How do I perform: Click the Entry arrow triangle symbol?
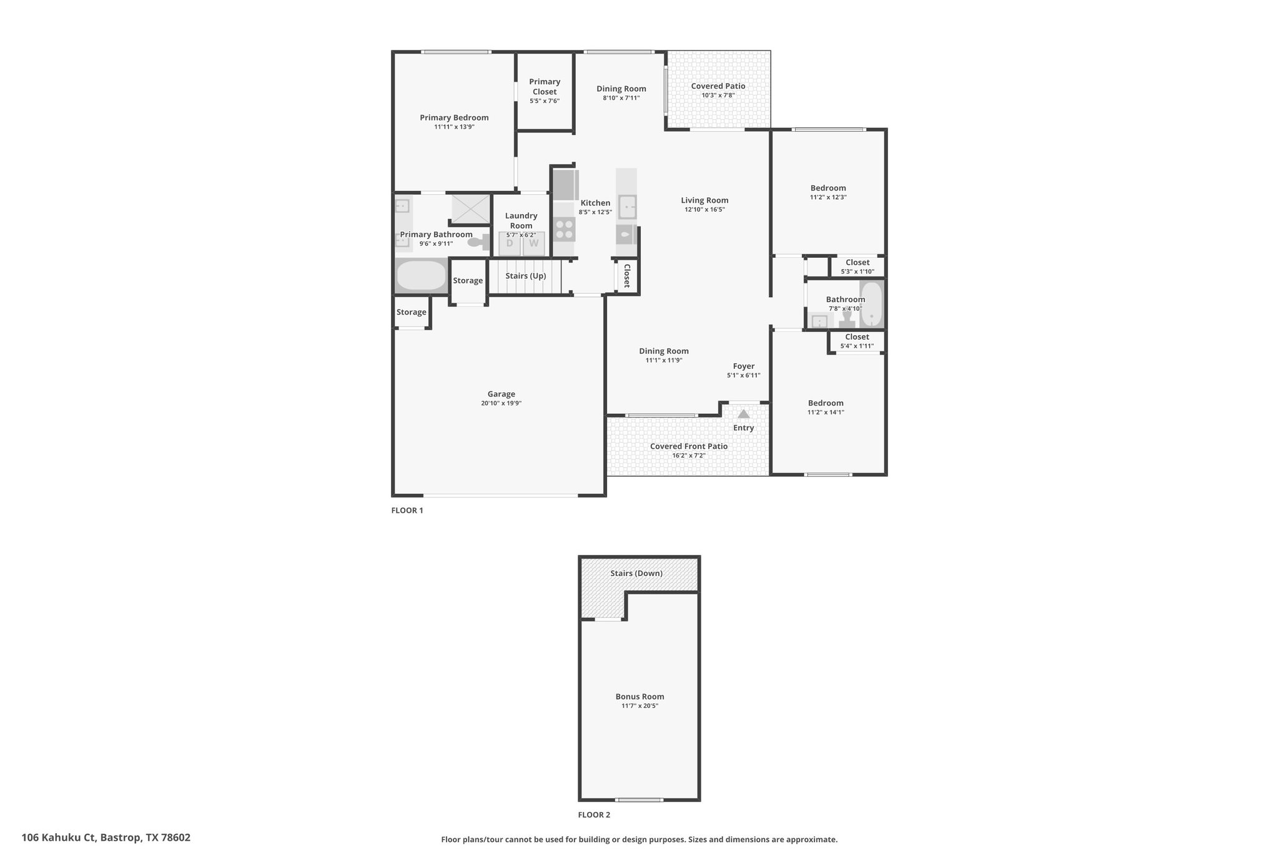(743, 414)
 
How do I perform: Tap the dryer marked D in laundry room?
(510, 243)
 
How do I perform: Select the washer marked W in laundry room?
(534, 243)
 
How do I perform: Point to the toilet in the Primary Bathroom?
(479, 242)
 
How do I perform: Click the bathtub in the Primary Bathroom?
(422, 276)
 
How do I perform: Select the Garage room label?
(501, 394)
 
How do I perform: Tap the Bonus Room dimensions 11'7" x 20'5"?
(639, 706)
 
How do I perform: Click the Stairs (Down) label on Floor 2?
(636, 573)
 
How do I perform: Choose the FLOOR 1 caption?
(407, 510)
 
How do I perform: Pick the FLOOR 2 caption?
(594, 815)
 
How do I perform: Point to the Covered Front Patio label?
(689, 446)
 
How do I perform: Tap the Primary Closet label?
(545, 87)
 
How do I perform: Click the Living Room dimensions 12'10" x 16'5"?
(704, 210)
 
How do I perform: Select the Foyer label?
(744, 366)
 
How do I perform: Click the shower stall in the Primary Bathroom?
(471, 208)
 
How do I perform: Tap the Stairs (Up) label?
(526, 276)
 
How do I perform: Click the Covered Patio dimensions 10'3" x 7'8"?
(718, 95)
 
